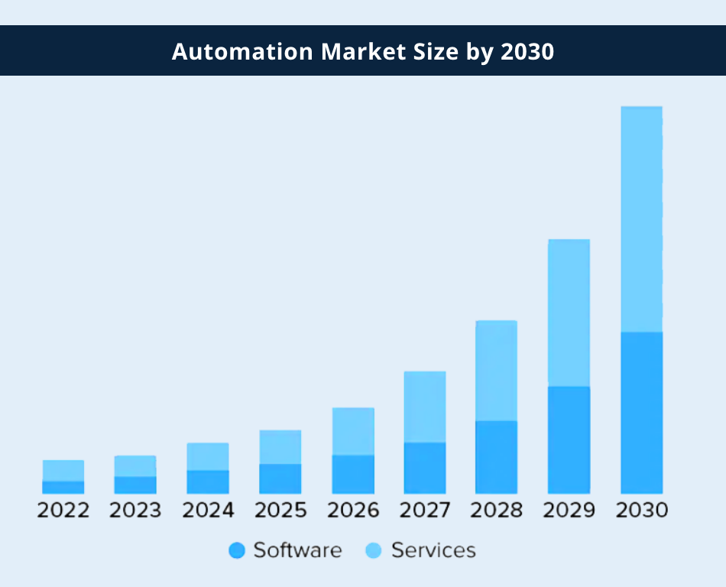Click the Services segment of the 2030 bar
641,219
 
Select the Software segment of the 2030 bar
641,412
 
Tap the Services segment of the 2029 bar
569,313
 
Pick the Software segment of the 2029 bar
569,439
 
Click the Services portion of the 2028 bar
496,371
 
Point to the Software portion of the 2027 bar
424,468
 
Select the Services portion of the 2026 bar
353,431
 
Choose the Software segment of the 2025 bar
280,478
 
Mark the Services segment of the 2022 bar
63,470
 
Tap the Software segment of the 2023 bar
135,485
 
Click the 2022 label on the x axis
63,511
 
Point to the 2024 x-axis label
208,511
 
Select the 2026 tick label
353,511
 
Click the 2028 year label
497,511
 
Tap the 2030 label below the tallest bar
642,511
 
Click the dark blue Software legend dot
237,550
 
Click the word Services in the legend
433,550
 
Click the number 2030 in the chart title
527,51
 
